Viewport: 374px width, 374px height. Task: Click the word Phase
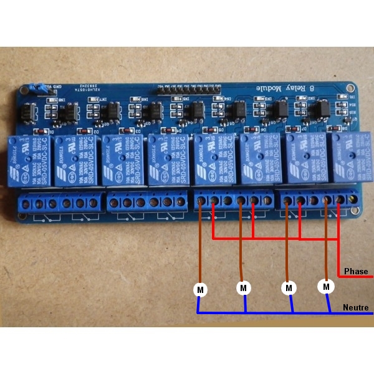click(356, 271)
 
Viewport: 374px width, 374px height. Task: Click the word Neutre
click(355, 307)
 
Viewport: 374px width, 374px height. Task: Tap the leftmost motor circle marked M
click(200, 289)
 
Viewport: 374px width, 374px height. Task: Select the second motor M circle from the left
click(244, 288)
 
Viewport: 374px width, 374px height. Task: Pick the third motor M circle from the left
click(288, 288)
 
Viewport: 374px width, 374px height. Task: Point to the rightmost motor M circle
click(326, 287)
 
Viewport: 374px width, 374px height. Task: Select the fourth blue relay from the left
click(166, 161)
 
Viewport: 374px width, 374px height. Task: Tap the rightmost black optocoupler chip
click(324, 110)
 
